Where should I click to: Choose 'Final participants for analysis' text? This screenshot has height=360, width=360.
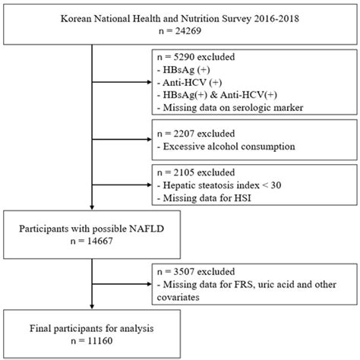pyautogui.click(x=84, y=327)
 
